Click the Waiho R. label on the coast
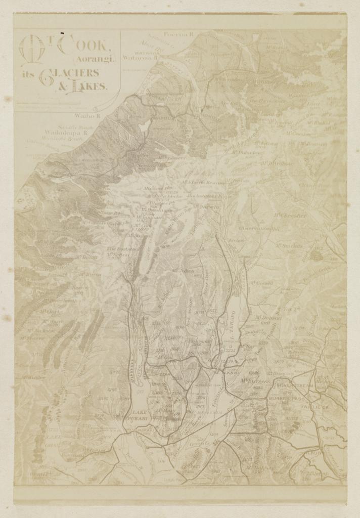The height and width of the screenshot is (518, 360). (88, 115)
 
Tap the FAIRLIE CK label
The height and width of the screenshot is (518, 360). (314, 407)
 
